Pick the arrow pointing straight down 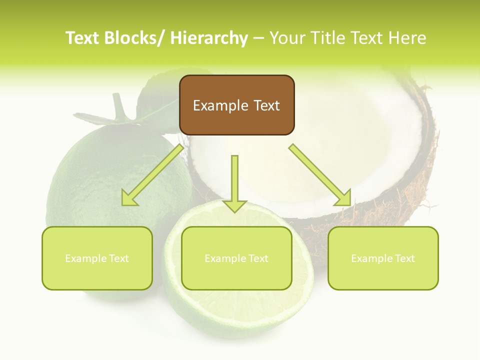click(x=234, y=183)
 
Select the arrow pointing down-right click(x=320, y=175)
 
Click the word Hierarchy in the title click(x=209, y=38)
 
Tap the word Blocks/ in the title click(x=133, y=38)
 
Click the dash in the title click(x=258, y=38)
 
